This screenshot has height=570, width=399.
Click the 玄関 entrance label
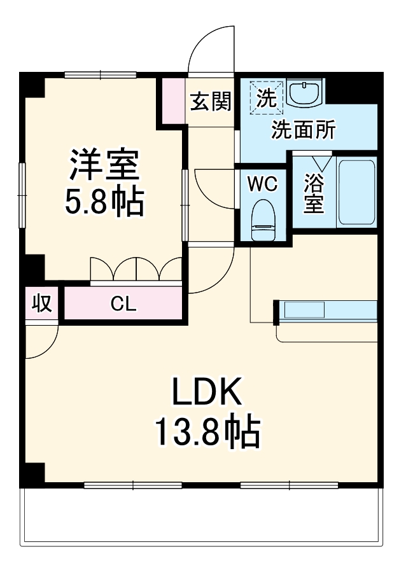[x=211, y=101]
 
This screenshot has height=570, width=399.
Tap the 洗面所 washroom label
[x=303, y=130]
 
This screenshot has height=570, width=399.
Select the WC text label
[x=262, y=184]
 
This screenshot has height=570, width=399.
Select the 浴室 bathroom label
[x=313, y=195]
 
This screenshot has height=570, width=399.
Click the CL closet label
[x=123, y=304]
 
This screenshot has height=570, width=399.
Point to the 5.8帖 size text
[x=104, y=202]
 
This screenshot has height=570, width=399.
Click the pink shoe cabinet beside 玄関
[x=172, y=101]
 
